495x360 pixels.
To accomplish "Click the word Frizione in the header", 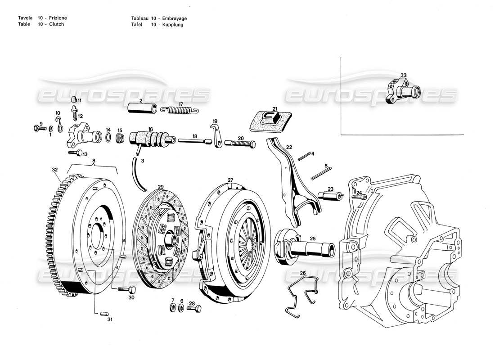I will pyautogui.click(x=58, y=18).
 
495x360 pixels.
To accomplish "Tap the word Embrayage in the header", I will pyautogui.click(x=175, y=18).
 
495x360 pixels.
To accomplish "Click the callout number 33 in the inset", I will pyautogui.click(x=403, y=76).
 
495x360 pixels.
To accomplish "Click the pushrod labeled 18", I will pyautogui.click(x=194, y=141).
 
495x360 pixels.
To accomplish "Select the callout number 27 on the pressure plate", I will pyautogui.click(x=230, y=180).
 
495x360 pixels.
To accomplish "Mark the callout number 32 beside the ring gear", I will pyautogui.click(x=55, y=170).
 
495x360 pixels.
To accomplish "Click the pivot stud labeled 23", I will pyautogui.click(x=328, y=196).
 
